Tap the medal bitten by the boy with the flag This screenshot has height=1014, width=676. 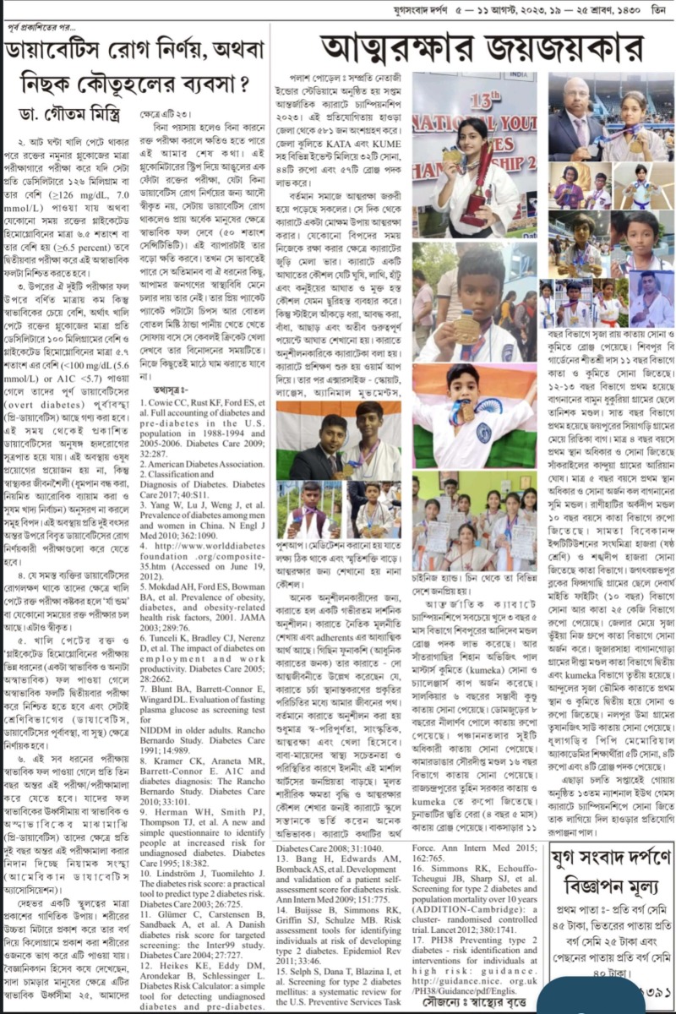(466, 414)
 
